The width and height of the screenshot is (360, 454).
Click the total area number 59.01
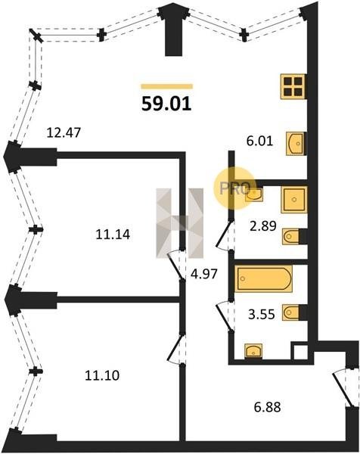point(166,104)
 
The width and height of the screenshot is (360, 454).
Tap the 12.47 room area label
point(64,132)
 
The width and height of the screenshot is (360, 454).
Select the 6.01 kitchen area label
point(259,141)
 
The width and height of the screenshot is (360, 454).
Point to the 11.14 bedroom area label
point(113,235)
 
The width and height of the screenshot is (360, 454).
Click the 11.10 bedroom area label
point(102,375)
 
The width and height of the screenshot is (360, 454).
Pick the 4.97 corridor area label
point(204,274)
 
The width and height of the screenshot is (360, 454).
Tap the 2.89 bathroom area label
point(263,225)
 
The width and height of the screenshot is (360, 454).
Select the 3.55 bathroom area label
point(262,314)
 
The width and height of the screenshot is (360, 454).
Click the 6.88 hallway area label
point(268,407)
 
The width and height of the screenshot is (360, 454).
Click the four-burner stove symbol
point(293,86)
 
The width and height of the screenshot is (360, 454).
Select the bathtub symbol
point(263,278)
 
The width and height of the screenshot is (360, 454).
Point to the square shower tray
point(293,200)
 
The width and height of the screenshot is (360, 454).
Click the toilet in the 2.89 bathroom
point(294,237)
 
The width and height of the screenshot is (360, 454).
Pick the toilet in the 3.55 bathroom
point(294,313)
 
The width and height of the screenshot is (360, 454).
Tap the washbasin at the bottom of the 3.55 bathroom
point(253,351)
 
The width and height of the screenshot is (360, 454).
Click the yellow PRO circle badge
point(234,188)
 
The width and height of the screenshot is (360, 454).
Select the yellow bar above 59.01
point(166,86)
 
